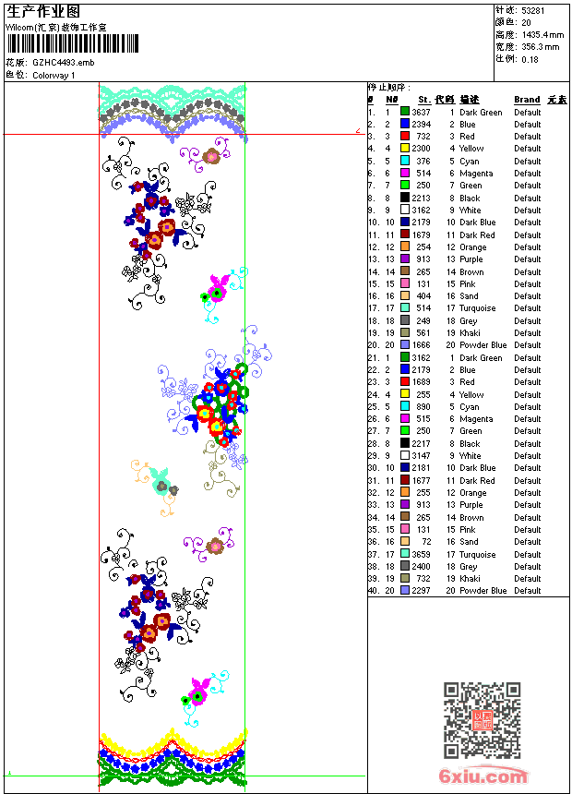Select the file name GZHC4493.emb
click(63, 63)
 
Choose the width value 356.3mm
click(540, 46)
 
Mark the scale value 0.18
click(530, 58)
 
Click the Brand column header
click(527, 100)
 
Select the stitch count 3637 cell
click(421, 112)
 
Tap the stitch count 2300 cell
click(421, 149)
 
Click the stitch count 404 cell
click(423, 296)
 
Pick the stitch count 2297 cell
click(421, 591)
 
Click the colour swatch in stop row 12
click(405, 247)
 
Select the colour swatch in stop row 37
click(405, 555)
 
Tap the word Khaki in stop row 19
click(470, 333)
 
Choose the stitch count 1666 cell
click(421, 345)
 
